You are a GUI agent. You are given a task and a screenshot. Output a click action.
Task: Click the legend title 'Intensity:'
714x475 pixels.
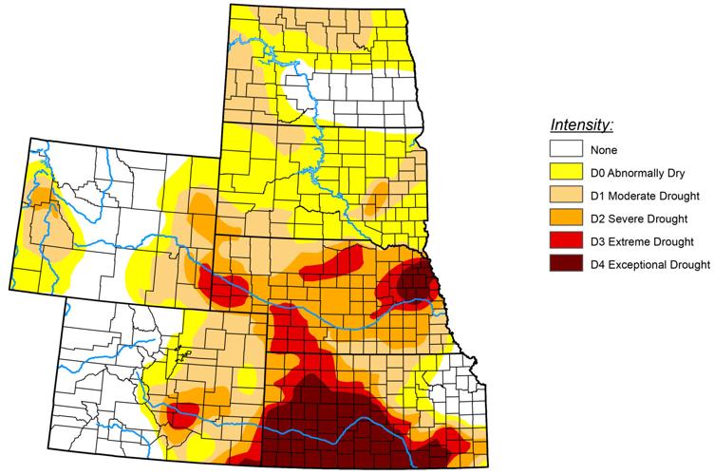coord(582,124)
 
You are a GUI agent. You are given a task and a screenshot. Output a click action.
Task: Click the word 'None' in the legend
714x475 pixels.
coord(603,149)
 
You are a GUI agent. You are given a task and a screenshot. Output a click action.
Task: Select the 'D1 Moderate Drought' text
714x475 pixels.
coord(646,195)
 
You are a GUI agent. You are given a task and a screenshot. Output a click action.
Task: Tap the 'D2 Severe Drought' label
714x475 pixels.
coord(640,218)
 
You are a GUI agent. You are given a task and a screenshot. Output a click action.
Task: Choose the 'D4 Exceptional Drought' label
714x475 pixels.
coord(650,263)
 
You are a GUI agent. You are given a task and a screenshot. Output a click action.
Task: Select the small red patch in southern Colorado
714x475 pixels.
coord(182,413)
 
